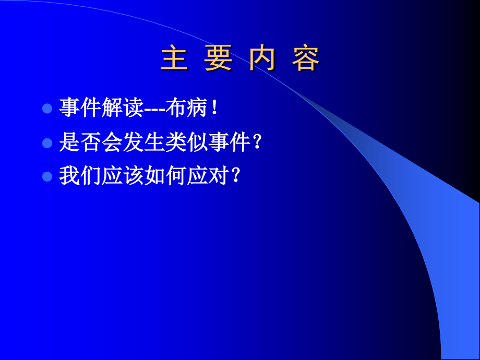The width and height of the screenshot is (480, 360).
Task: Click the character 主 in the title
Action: (174, 59)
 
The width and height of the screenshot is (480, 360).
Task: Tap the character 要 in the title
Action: (218, 59)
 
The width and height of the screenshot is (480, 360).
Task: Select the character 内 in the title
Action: (262, 59)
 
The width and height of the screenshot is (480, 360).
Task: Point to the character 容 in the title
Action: (306, 59)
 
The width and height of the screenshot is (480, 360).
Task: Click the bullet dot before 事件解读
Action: (47, 109)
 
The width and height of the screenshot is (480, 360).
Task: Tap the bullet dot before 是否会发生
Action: (47, 143)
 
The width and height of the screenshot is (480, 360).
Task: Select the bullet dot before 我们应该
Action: (47, 176)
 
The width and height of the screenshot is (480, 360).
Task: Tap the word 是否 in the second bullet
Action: (80, 142)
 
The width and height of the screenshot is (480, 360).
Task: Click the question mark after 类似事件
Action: (256, 142)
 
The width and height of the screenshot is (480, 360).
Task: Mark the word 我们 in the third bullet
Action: (80, 176)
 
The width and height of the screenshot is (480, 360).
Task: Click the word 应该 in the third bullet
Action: (123, 176)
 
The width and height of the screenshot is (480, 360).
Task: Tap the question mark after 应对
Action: (235, 176)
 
